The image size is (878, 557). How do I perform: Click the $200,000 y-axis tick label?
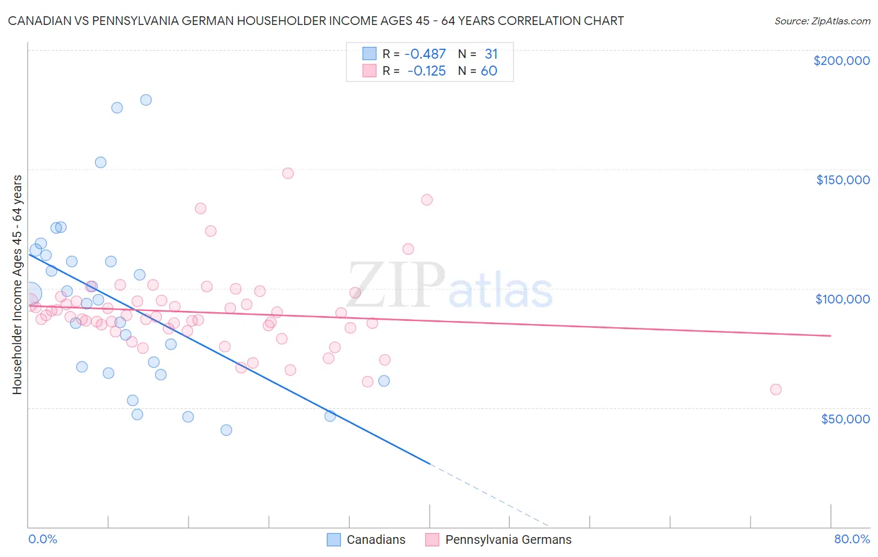tap(841, 61)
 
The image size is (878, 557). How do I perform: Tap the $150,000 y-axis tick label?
tap(842, 180)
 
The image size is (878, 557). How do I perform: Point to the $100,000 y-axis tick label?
tap(842, 299)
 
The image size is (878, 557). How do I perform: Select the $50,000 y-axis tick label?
tap(845, 418)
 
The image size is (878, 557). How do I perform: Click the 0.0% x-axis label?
tap(42, 539)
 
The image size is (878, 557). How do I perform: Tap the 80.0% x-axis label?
tap(852, 539)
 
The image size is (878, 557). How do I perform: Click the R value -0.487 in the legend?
tap(426, 54)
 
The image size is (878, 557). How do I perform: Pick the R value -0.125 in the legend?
tap(426, 71)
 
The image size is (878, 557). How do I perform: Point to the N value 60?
tap(489, 71)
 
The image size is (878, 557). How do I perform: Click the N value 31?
tap(491, 54)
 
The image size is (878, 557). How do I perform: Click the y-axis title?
tap(17, 284)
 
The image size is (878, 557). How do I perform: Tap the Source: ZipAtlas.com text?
tap(822, 21)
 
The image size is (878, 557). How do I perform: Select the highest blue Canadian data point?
tap(146, 100)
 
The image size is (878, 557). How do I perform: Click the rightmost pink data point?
tap(776, 390)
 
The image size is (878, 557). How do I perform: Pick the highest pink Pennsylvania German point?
tap(288, 174)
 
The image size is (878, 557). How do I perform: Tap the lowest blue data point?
tap(226, 430)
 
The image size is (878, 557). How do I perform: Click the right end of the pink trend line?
tap(831, 336)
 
